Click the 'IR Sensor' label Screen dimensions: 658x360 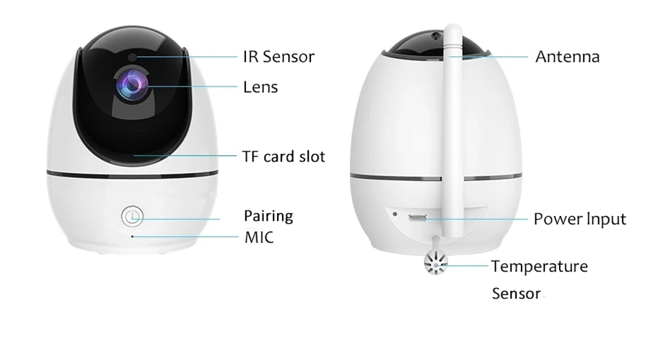point(278,57)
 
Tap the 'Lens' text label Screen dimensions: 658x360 point(260,87)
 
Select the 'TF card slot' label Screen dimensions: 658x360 point(283,157)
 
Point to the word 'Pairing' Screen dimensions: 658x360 point(268,215)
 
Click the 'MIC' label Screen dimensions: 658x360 point(259,237)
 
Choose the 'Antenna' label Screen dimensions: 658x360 point(567,57)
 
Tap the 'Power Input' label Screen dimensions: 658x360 point(580,219)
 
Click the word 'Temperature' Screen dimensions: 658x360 point(540,267)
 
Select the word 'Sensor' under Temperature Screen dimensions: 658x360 point(516,294)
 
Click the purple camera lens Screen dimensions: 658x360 point(132,85)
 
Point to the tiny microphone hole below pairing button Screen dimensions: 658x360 point(134,237)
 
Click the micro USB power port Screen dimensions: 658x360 point(418,218)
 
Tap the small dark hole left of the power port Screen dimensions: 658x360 point(395,213)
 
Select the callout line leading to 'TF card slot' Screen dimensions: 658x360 point(201,157)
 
